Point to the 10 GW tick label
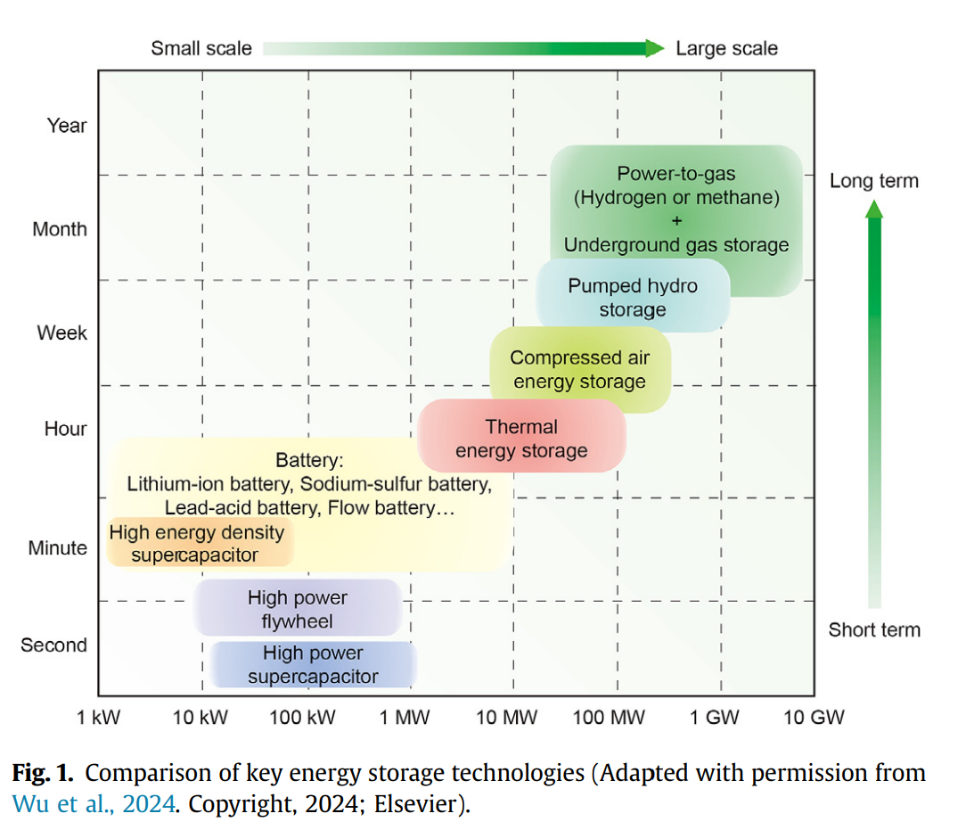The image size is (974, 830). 813,718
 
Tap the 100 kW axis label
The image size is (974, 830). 303,718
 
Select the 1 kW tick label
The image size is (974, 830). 99,718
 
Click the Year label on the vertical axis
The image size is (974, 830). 67,126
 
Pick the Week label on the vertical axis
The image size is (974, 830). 61,333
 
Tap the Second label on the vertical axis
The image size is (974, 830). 53,645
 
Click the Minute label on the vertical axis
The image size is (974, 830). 58,548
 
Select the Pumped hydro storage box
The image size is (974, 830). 633,297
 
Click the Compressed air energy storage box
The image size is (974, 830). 579,370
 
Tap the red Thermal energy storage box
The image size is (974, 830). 521,438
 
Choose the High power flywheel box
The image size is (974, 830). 298,609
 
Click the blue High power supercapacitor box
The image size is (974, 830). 313,665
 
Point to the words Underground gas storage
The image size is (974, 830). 676,245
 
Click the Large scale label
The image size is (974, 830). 726,48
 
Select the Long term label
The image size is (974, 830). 873,181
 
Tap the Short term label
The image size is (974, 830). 873,630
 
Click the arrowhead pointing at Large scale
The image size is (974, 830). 655,48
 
